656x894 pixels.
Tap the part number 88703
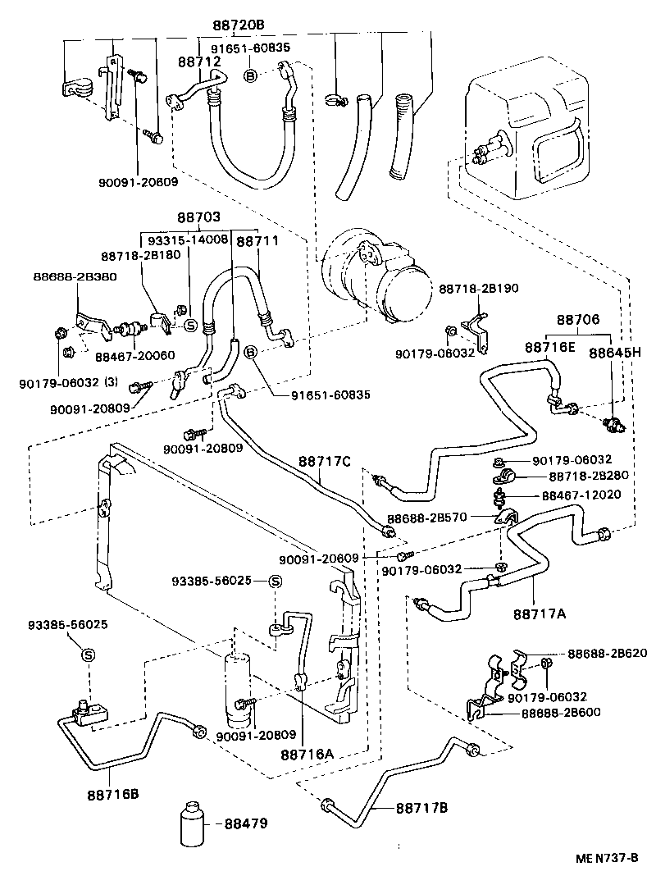click(x=198, y=218)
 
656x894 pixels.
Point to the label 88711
click(x=257, y=242)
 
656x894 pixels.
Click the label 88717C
click(x=324, y=463)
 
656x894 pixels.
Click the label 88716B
click(x=112, y=794)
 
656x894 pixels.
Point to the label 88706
click(x=579, y=321)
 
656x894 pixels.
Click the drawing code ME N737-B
click(x=608, y=858)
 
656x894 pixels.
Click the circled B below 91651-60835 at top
click(x=251, y=76)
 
